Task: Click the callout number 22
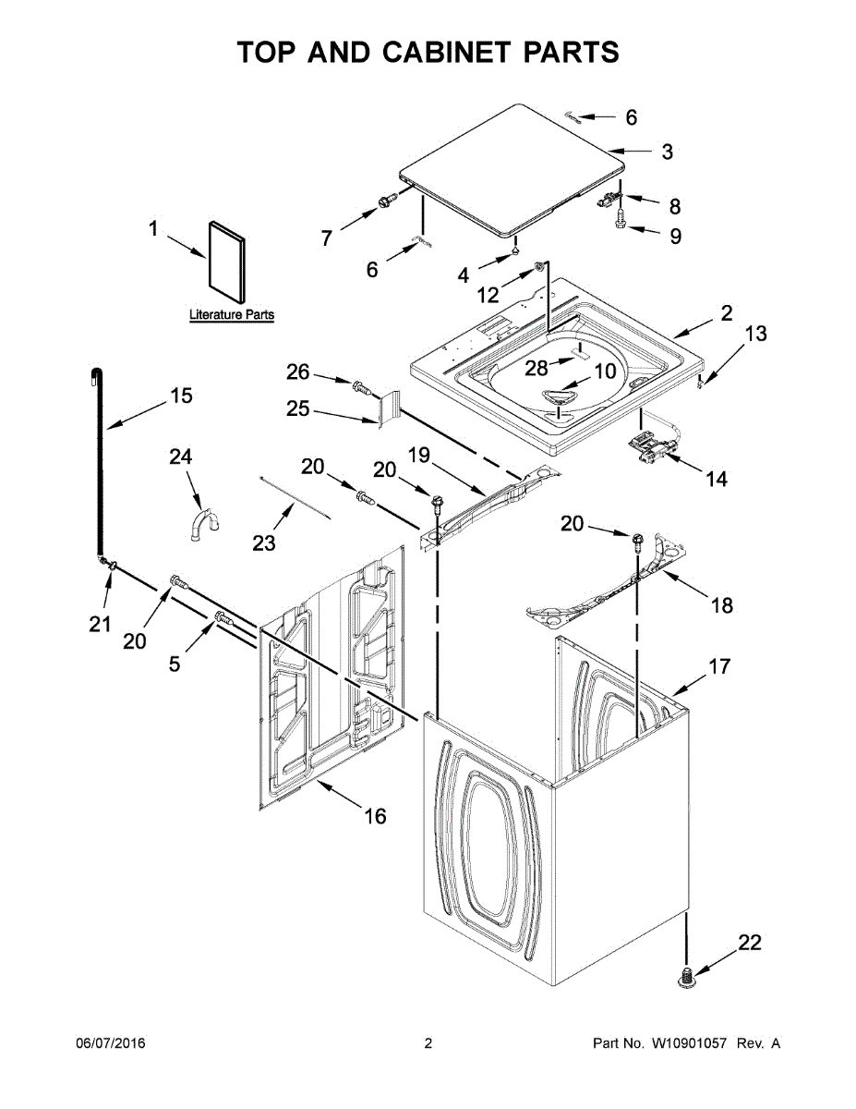[x=749, y=942]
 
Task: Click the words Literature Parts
[x=232, y=315]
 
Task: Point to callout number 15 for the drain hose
[x=181, y=396]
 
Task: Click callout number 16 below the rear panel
[x=375, y=816]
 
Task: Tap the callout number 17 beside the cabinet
[x=718, y=665]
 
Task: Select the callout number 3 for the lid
[x=668, y=152]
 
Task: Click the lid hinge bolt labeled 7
[x=386, y=200]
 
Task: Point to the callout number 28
[x=537, y=368]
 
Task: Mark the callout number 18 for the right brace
[x=721, y=605]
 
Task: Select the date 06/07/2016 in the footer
[x=110, y=1043]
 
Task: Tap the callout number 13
[x=755, y=334]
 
